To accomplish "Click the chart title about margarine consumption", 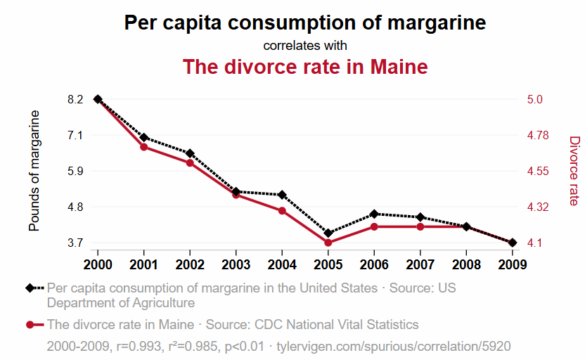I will click(304, 22).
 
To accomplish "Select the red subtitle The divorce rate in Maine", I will click(304, 67).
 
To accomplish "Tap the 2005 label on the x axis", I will click(328, 264).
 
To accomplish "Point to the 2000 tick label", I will click(98, 264).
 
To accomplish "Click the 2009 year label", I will click(513, 264).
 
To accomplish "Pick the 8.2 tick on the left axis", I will click(76, 99).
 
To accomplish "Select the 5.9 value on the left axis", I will click(76, 171).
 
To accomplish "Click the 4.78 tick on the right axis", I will click(538, 135).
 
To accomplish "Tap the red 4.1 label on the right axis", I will click(534, 243).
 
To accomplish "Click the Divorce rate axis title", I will click(574, 171).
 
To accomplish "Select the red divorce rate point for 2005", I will click(328, 243).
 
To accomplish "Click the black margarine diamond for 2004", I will click(282, 195).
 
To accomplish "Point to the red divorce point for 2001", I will click(143, 147).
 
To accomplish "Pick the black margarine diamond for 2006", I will click(374, 214).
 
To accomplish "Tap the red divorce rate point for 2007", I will click(420, 226).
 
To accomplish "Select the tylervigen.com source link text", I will click(394, 347).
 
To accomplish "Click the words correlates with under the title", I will click(304, 46).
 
